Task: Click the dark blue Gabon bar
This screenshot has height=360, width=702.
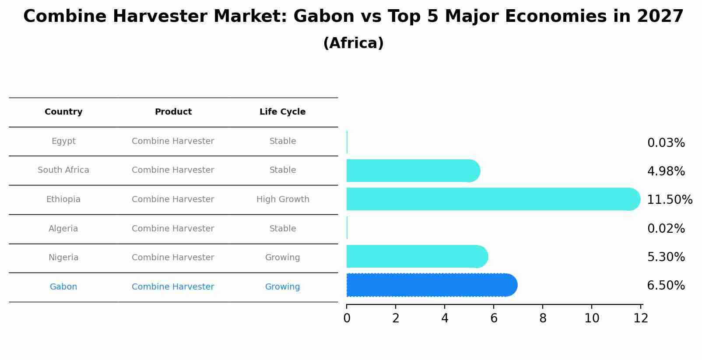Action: (432, 285)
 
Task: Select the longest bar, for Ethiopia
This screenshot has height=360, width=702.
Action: (493, 199)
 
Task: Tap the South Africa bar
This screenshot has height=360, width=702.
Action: (413, 171)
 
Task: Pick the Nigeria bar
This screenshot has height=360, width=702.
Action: (417, 256)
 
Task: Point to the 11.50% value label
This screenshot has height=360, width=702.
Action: (670, 199)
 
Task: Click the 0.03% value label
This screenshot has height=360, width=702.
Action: (666, 143)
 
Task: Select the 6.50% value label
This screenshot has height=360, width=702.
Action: (666, 285)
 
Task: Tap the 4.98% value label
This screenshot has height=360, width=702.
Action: (666, 171)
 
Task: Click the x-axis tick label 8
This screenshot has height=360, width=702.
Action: (543, 318)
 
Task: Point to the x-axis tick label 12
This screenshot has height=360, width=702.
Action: (641, 318)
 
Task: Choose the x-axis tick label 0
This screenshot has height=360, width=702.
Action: (347, 318)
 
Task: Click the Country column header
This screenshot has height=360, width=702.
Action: (63, 112)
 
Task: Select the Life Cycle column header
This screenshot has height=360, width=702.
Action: (282, 112)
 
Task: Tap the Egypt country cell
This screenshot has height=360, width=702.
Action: (63, 141)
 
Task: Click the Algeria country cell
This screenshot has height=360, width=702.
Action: (63, 228)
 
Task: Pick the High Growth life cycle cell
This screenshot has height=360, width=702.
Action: (283, 199)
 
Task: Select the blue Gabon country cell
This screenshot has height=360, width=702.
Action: (63, 287)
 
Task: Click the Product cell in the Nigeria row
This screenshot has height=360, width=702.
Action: (173, 257)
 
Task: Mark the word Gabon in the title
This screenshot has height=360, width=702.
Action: (324, 16)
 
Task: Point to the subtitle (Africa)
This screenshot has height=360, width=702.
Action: (353, 43)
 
